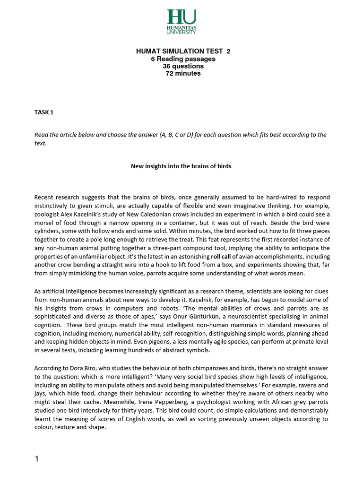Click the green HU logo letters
181,17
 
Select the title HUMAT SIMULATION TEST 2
181,52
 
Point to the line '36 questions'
181,66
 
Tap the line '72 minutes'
181,73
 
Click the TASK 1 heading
45,112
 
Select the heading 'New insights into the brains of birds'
182,166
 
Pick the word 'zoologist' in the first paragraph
48,214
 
